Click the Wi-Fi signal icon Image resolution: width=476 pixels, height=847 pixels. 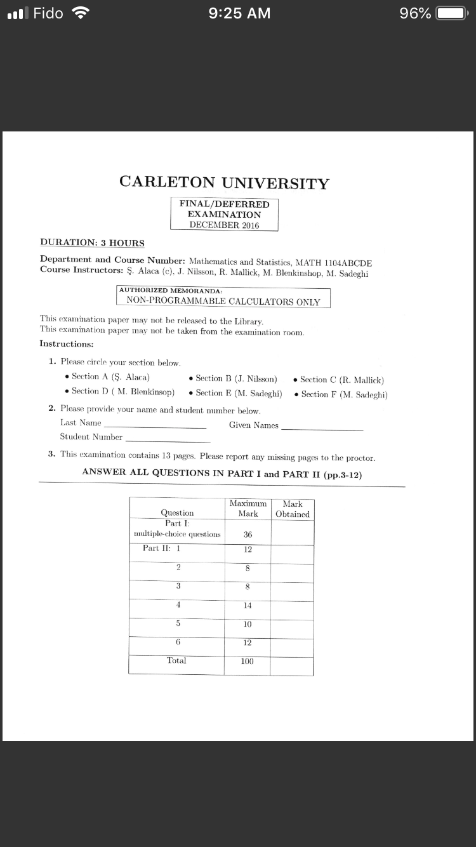click(x=79, y=13)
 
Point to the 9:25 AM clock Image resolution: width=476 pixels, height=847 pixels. click(x=239, y=13)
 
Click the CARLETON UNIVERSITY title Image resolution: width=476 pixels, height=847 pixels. click(x=224, y=183)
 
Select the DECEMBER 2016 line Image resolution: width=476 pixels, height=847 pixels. click(x=224, y=225)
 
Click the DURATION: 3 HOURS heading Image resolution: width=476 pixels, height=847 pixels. click(x=92, y=243)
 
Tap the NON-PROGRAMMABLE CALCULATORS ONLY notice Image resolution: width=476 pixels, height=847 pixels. click(x=223, y=302)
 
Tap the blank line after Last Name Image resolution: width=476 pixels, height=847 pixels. click(x=155, y=425)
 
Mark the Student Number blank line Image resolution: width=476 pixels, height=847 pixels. click(x=168, y=439)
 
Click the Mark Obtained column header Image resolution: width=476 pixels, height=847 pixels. click(x=293, y=509)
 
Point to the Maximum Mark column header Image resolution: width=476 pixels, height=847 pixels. click(x=248, y=508)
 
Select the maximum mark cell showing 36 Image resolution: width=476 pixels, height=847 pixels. click(x=248, y=535)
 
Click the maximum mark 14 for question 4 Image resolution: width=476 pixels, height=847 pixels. click(x=248, y=606)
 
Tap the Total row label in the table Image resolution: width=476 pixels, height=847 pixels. click(x=176, y=660)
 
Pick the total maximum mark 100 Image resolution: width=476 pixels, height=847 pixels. click(x=248, y=661)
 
